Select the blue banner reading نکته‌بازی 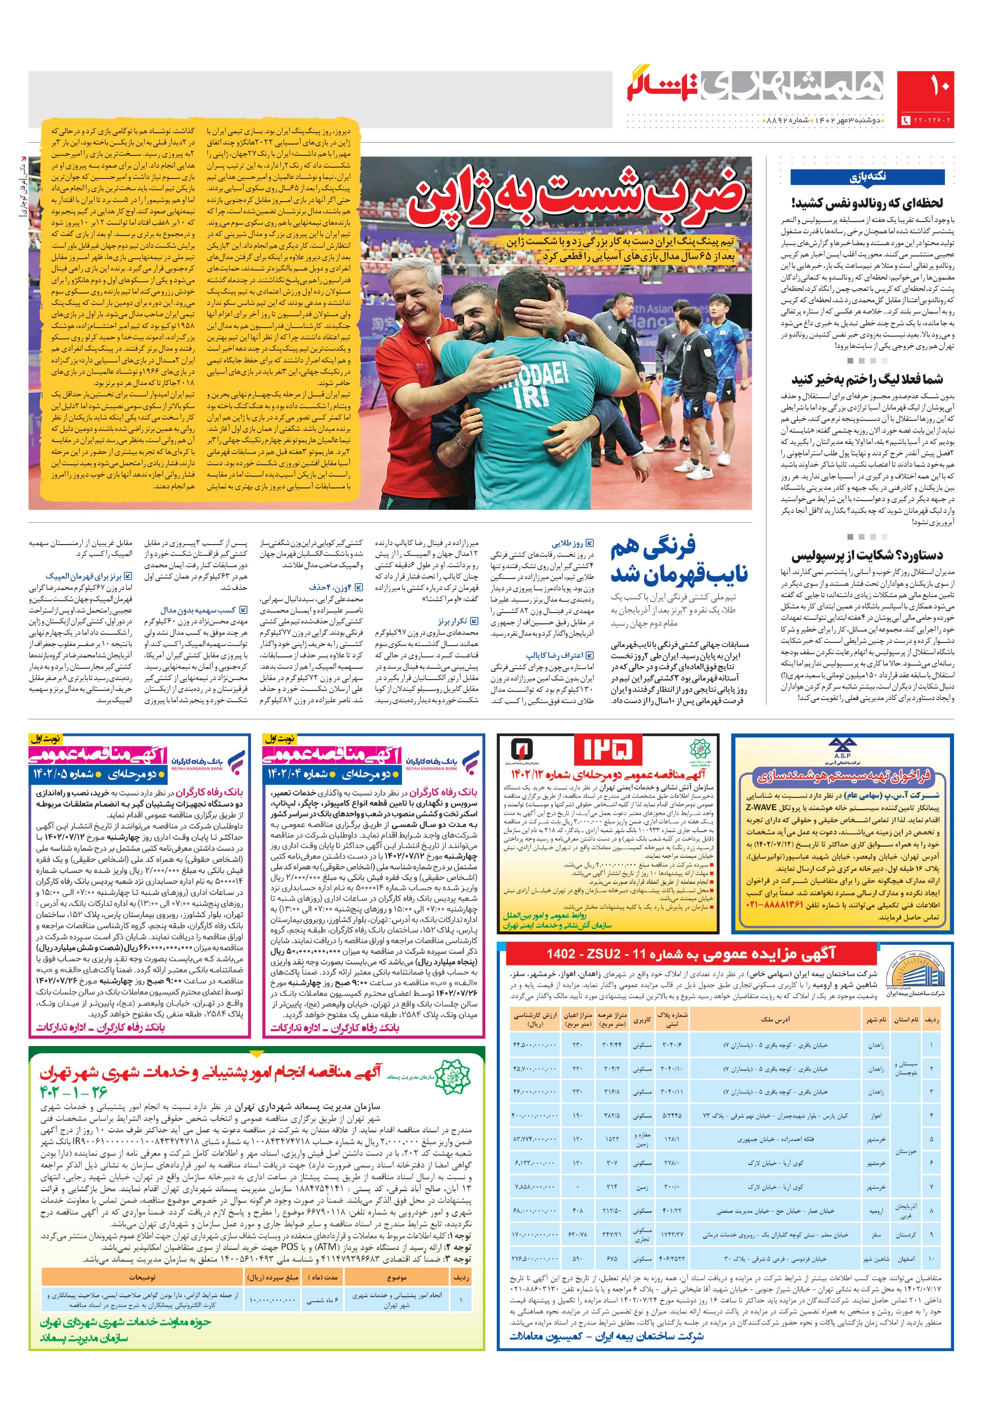coord(867,177)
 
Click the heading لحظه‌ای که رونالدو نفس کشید coord(867,203)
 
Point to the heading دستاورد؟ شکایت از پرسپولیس coord(867,555)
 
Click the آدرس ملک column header coord(775,1019)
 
